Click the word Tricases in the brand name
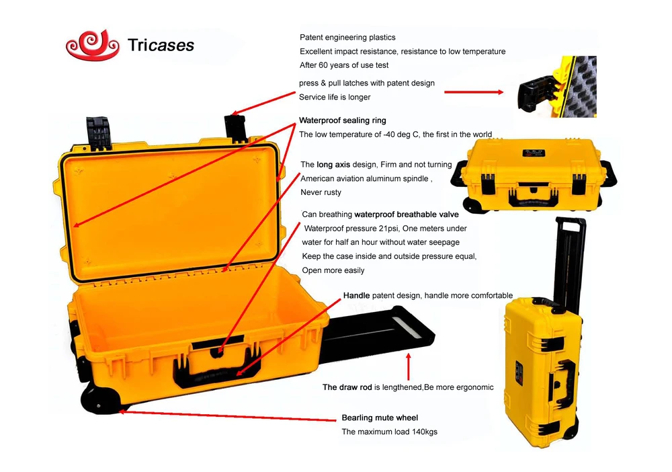pyautogui.click(x=161, y=46)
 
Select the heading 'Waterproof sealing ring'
pyautogui.click(x=343, y=120)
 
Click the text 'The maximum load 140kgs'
pyautogui.click(x=389, y=432)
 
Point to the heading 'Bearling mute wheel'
pyautogui.click(x=380, y=418)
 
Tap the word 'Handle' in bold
pyautogui.click(x=356, y=295)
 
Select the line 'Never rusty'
pyautogui.click(x=321, y=192)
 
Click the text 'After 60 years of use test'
pyautogui.click(x=344, y=65)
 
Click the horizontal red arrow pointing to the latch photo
pyautogui.click(x=474, y=92)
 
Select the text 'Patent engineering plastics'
pyautogui.click(x=347, y=37)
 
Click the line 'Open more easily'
pyautogui.click(x=333, y=270)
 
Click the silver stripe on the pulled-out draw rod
pyautogui.click(x=409, y=326)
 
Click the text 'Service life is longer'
pyautogui.click(x=335, y=97)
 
